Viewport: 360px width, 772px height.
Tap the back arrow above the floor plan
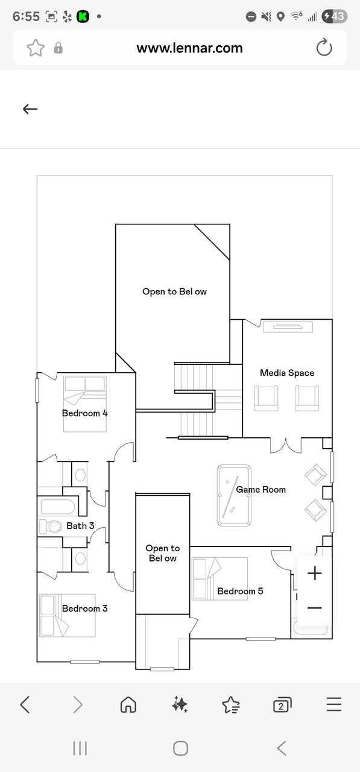coord(30,109)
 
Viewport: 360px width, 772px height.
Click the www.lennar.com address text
coord(189,48)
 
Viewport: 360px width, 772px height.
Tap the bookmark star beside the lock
coord(36,48)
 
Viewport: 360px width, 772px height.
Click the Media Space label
coord(287,373)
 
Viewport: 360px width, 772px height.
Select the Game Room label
coord(261,489)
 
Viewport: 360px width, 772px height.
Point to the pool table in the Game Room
coord(234,496)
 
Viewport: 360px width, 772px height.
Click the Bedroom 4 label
coord(85,413)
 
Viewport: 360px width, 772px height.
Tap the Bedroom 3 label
coord(85,609)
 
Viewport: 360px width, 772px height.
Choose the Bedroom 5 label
coord(240,591)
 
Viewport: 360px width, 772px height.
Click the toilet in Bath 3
coord(51,527)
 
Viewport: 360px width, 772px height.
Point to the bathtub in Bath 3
coord(58,507)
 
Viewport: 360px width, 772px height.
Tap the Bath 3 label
coord(80,525)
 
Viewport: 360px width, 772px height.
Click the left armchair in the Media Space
coord(266,398)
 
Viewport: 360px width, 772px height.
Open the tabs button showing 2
coord(282,704)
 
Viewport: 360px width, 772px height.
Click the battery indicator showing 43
coord(334,16)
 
